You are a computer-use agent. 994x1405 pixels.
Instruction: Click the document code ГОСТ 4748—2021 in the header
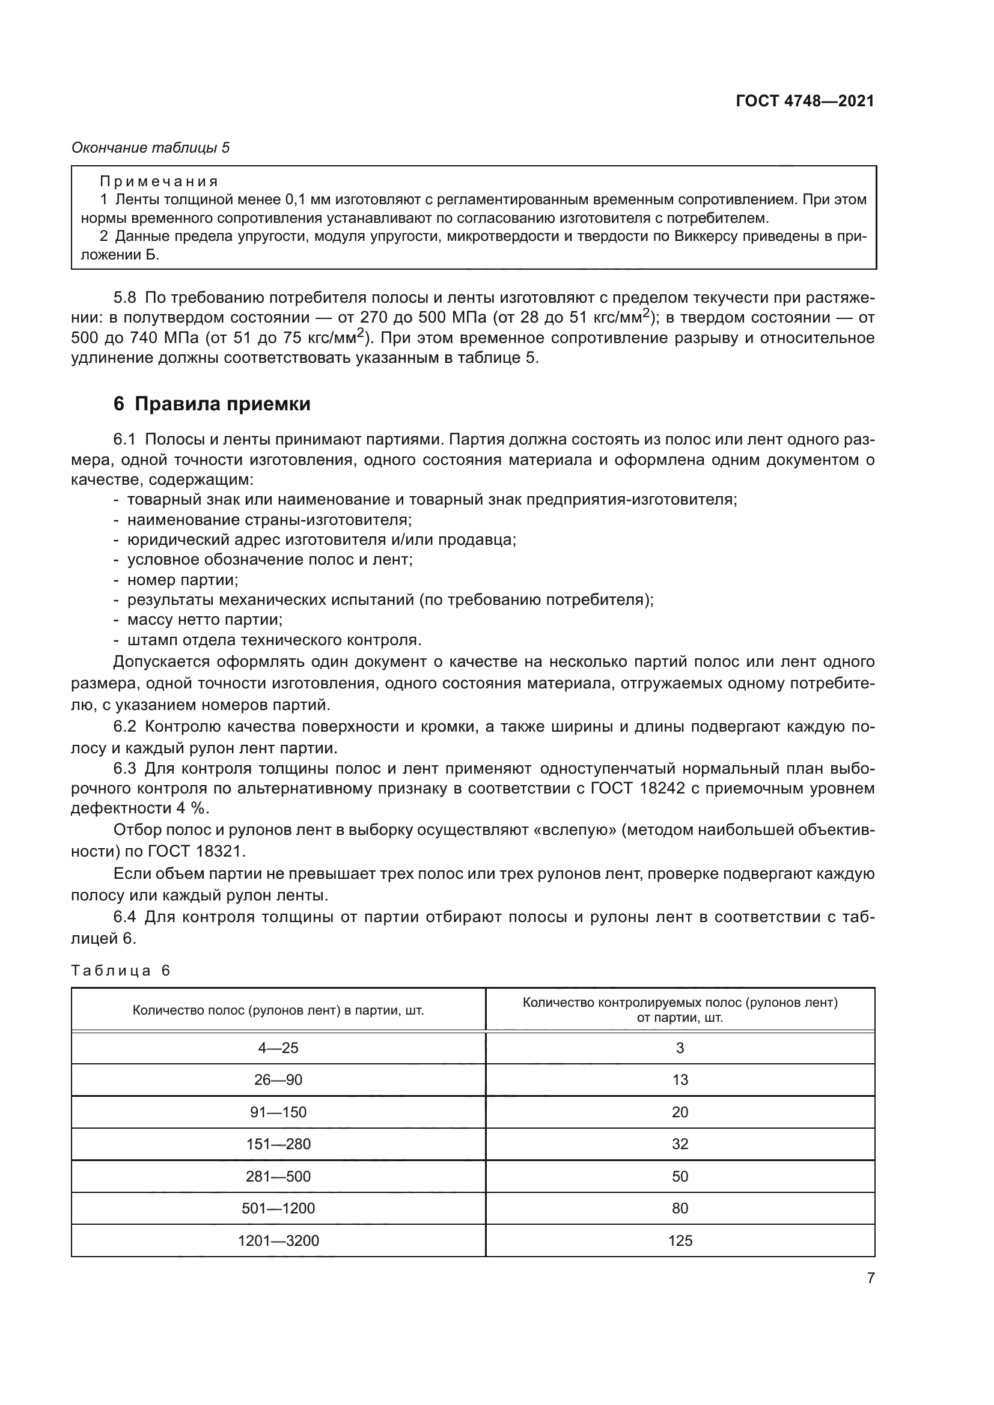tap(804, 102)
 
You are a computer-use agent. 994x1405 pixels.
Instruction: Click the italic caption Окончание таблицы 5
tap(151, 148)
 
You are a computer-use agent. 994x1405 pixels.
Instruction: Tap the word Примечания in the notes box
tap(159, 182)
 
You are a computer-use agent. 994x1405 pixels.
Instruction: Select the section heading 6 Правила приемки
tap(212, 404)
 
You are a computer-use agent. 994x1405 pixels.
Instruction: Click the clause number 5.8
tap(125, 298)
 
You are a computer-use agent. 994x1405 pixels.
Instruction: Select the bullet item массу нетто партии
tap(204, 620)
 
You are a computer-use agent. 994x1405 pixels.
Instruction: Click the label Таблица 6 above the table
tap(121, 971)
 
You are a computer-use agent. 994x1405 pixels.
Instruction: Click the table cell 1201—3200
tap(278, 1240)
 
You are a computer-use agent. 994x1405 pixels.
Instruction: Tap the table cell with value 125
tap(680, 1240)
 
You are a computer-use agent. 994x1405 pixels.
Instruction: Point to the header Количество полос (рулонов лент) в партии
tap(278, 1010)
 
